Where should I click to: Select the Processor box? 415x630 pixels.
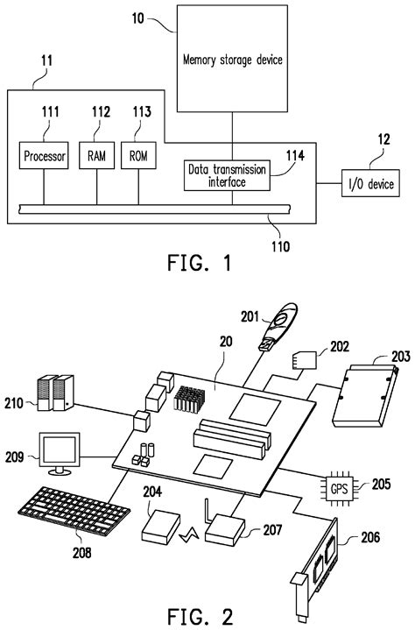click(x=39, y=157)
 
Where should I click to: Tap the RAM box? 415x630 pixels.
click(x=96, y=157)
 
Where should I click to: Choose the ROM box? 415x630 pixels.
click(x=137, y=157)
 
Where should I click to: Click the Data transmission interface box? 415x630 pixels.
click(x=225, y=176)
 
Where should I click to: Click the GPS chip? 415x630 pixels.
click(x=338, y=484)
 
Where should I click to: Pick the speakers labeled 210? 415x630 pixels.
click(x=53, y=393)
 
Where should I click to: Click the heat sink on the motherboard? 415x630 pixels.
click(x=188, y=399)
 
